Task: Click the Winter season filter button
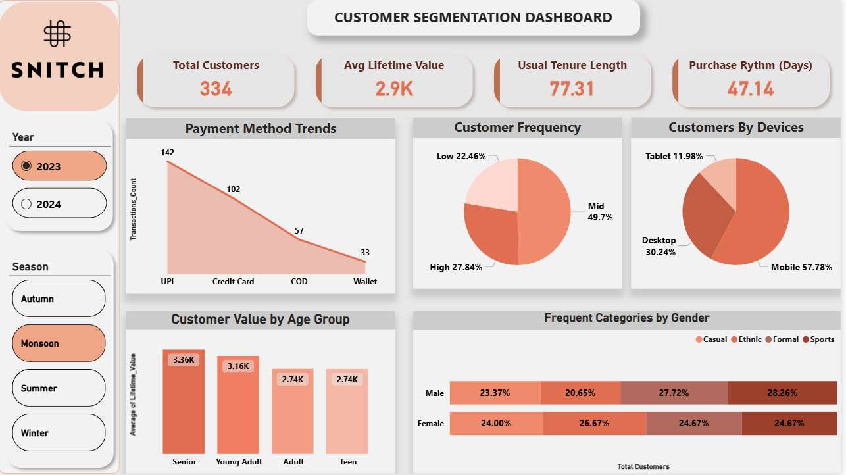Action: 59,432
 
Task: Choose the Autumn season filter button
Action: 59,298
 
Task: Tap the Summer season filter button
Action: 59,387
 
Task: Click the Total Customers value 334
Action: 216,89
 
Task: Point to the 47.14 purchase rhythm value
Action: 751,89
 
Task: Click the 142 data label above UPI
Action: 167,152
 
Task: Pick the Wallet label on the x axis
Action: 365,282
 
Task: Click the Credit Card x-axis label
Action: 233,282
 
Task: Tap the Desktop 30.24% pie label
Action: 659,246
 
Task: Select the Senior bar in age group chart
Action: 184,401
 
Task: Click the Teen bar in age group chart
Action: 347,411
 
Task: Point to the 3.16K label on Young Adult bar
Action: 238,366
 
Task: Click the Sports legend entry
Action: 818,339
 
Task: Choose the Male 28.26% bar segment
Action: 783,393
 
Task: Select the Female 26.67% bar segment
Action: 595,423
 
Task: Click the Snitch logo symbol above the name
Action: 57,34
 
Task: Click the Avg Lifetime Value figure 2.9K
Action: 394,89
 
